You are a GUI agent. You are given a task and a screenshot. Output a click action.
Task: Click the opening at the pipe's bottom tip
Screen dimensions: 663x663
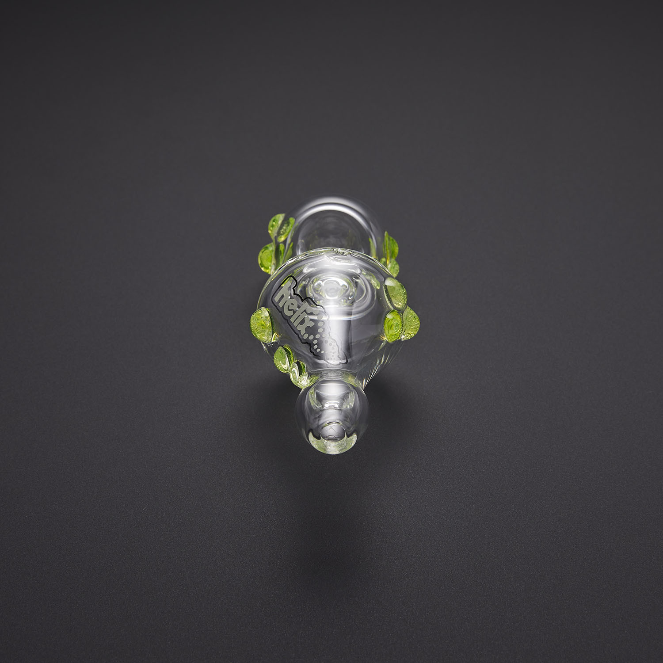pos(331,428)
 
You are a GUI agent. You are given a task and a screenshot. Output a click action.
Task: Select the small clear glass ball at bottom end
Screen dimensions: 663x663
pos(331,411)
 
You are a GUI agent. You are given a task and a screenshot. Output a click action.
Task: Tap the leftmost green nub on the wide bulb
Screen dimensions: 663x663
pos(261,320)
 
